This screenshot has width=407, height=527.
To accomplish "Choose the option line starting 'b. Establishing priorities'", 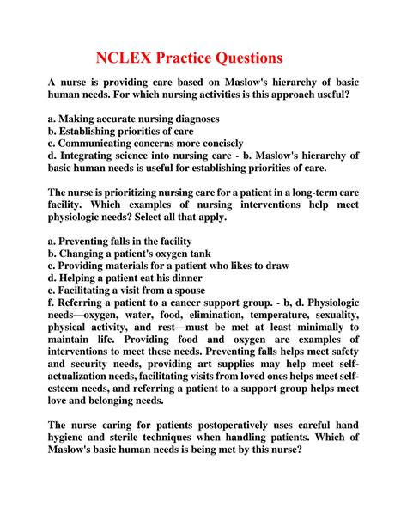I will pyautogui.click(x=113, y=131).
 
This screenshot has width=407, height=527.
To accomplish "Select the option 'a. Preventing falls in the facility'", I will pyautogui.click(x=119, y=242).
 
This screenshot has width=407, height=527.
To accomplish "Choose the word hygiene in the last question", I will pyautogui.click(x=70, y=463).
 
